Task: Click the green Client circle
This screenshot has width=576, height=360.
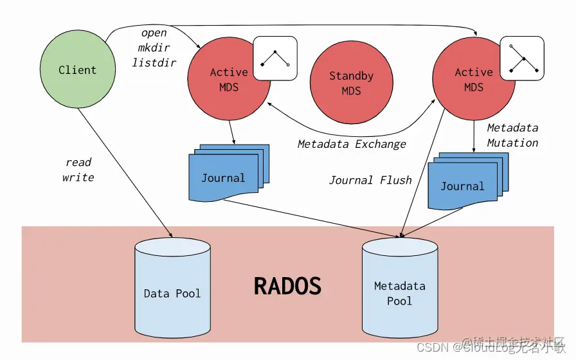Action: click(78, 70)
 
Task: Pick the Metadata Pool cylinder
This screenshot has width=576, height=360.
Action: click(399, 289)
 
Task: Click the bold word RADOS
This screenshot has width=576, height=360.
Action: click(287, 285)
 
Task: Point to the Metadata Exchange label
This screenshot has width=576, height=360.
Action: click(352, 144)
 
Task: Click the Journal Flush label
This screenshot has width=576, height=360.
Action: click(370, 180)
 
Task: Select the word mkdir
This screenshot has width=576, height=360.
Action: click(154, 48)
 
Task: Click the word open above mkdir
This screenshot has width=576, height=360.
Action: click(154, 33)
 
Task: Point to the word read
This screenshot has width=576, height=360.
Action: click(78, 162)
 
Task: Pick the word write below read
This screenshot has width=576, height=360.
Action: click(78, 177)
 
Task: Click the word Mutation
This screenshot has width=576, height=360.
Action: click(512, 143)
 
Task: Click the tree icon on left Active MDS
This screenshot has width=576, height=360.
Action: click(275, 58)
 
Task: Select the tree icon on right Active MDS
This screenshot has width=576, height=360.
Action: click(522, 58)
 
